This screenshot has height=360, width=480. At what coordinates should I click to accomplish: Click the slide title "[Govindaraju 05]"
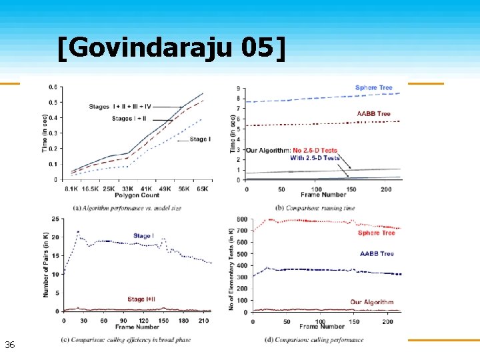171,48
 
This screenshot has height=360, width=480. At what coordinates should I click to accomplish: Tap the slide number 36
9,345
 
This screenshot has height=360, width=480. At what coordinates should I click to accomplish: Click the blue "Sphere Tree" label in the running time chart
373,88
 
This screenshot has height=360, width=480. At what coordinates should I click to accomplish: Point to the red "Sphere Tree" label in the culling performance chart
377,233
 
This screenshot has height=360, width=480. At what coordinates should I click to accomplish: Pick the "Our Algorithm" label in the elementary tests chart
371,302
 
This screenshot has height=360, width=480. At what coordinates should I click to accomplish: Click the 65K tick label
202,189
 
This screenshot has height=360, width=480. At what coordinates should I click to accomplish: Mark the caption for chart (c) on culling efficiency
126,339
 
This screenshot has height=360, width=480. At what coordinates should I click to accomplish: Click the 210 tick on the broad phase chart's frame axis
203,320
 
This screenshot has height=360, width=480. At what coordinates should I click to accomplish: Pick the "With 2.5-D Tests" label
315,158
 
